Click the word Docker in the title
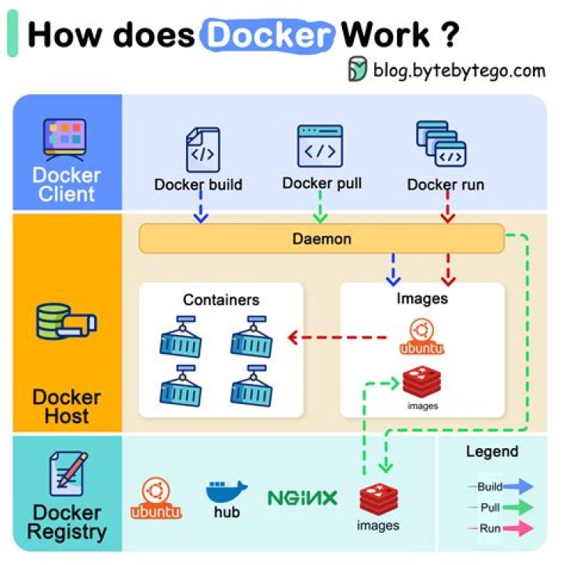coord(268,34)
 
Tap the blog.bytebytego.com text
coord(458,71)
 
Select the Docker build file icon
coord(202,149)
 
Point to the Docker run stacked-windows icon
coord(440,146)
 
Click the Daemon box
coord(322,238)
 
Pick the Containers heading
coord(221,300)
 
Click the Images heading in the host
coord(422,298)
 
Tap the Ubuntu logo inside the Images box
coord(421,335)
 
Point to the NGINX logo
coord(302,498)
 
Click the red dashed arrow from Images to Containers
coord(338,338)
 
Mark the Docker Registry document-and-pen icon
coord(67,474)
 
